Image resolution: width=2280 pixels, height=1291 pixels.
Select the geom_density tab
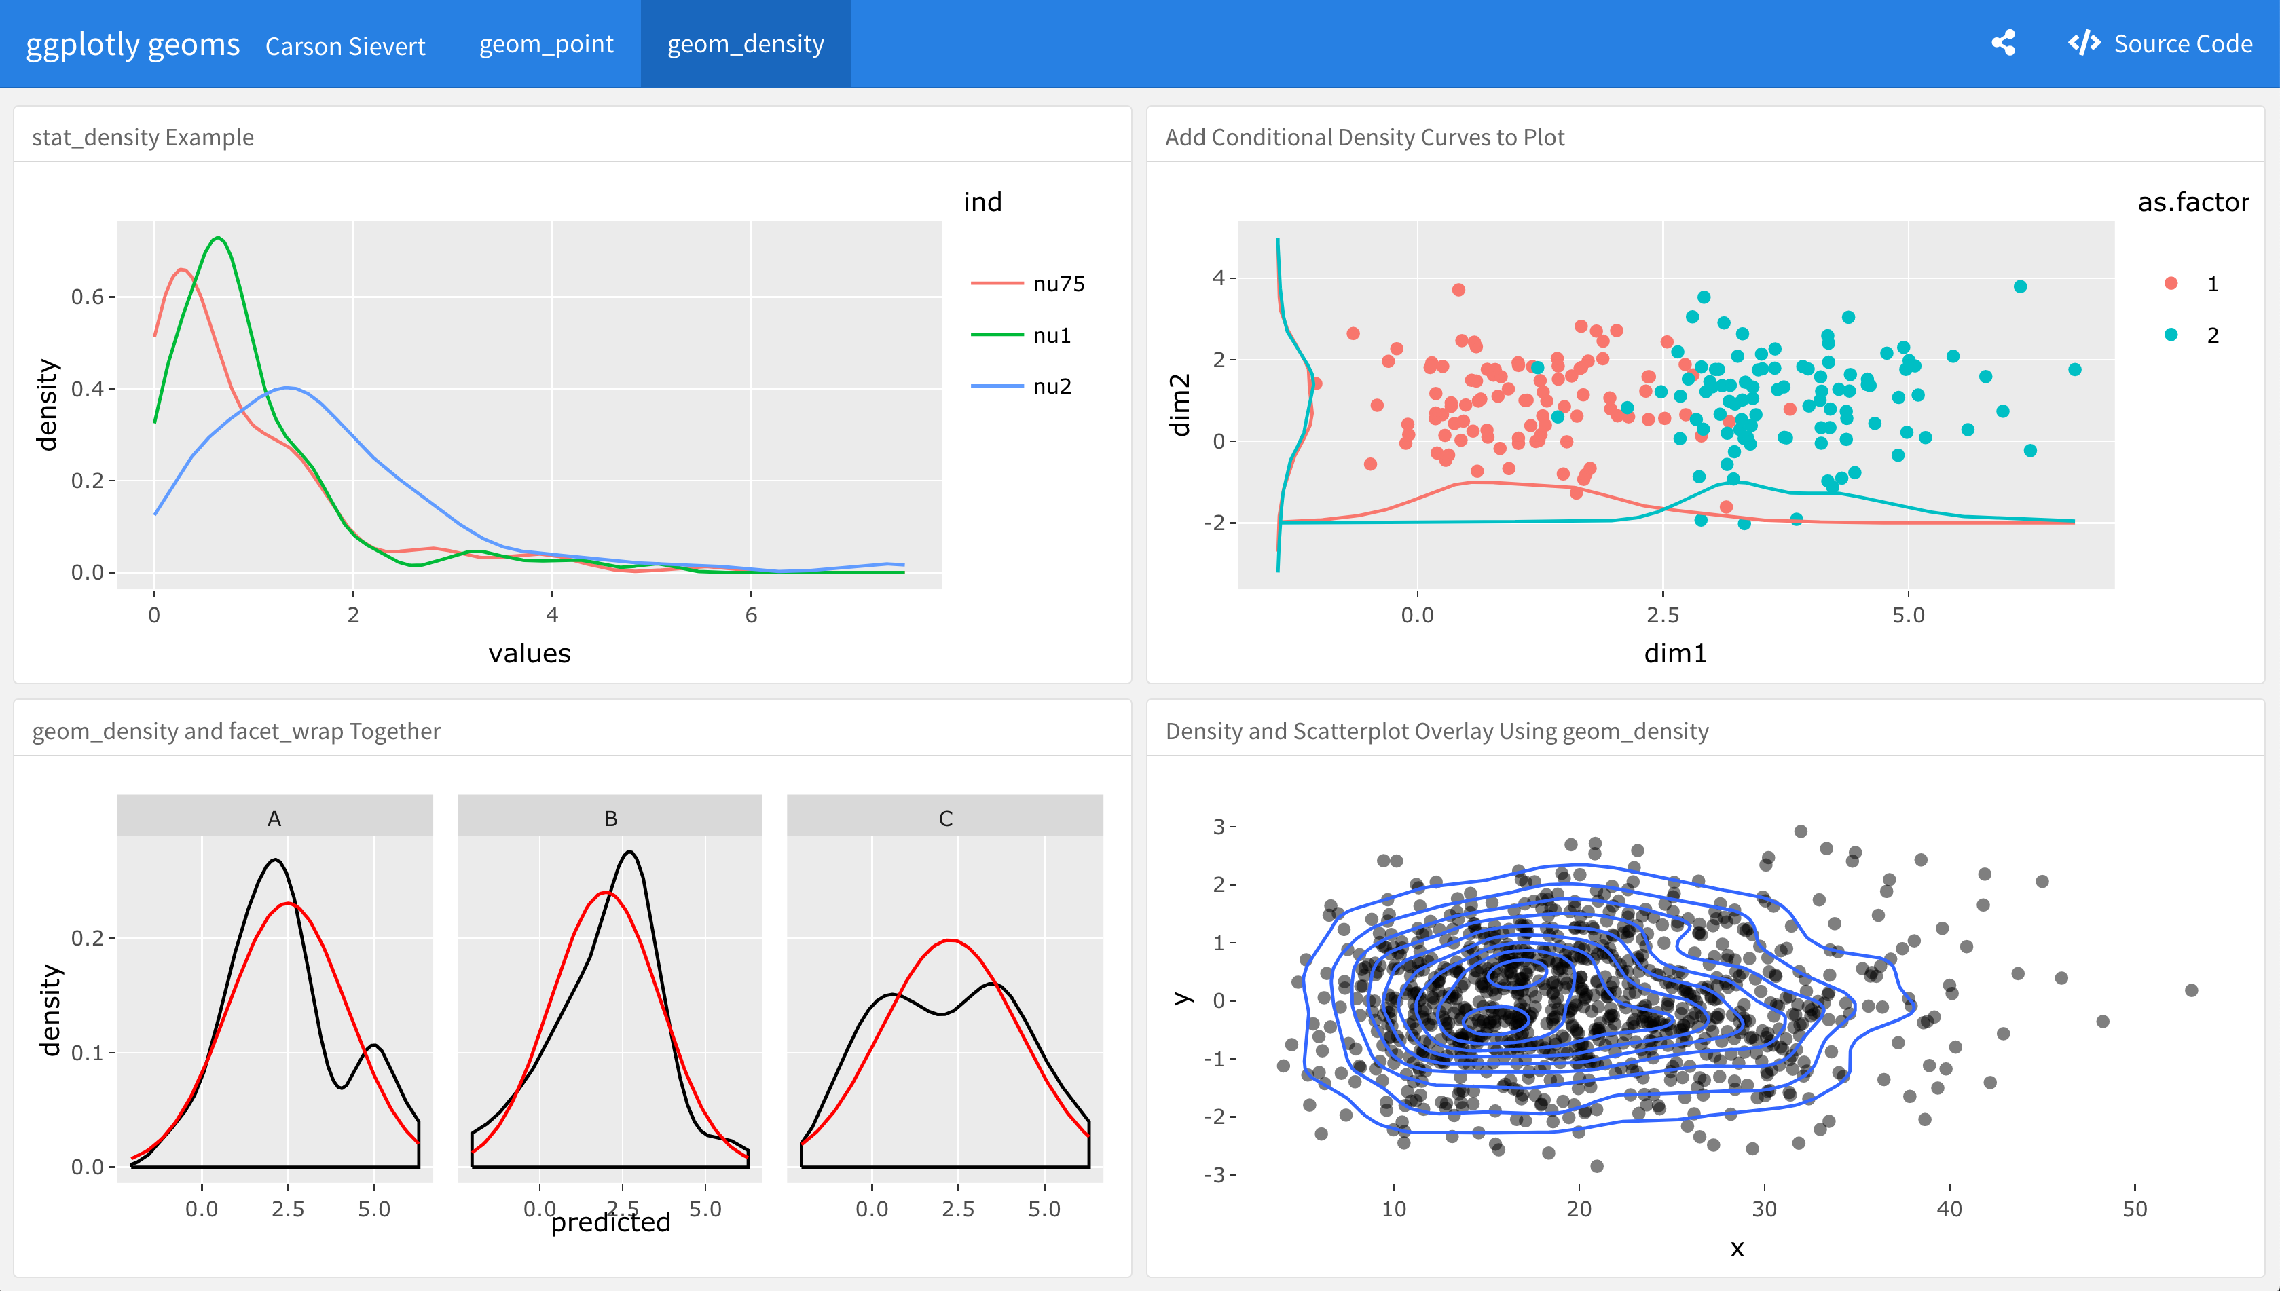pyautogui.click(x=745, y=43)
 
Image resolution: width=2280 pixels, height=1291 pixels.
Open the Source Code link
pyautogui.click(x=2161, y=43)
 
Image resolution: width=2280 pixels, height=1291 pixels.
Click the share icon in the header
pyautogui.click(x=2003, y=43)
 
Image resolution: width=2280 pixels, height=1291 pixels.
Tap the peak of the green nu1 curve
pyautogui.click(x=217, y=238)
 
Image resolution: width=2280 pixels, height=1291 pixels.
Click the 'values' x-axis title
pyautogui.click(x=530, y=654)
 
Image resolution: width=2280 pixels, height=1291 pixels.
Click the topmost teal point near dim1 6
pyautogui.click(x=2020, y=286)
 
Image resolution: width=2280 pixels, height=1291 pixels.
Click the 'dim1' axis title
pyautogui.click(x=1674, y=654)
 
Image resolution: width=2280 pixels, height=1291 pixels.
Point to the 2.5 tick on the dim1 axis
pyautogui.click(x=1663, y=614)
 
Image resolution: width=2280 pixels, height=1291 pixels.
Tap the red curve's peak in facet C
pyautogui.click(x=950, y=941)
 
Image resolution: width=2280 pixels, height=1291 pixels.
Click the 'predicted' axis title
pyautogui.click(x=610, y=1222)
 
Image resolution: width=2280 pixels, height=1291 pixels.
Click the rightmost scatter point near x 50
pyautogui.click(x=2191, y=990)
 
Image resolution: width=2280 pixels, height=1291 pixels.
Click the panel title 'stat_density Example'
pyautogui.click(x=143, y=137)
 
